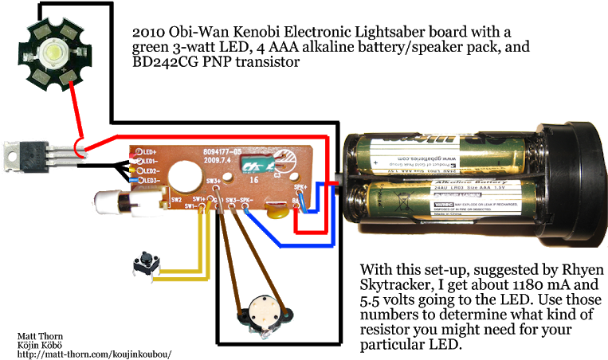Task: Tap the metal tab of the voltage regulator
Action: [13, 156]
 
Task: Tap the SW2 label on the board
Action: [177, 200]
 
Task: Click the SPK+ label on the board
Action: [300, 188]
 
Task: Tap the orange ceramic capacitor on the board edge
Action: [276, 209]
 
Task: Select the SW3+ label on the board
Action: [214, 182]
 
